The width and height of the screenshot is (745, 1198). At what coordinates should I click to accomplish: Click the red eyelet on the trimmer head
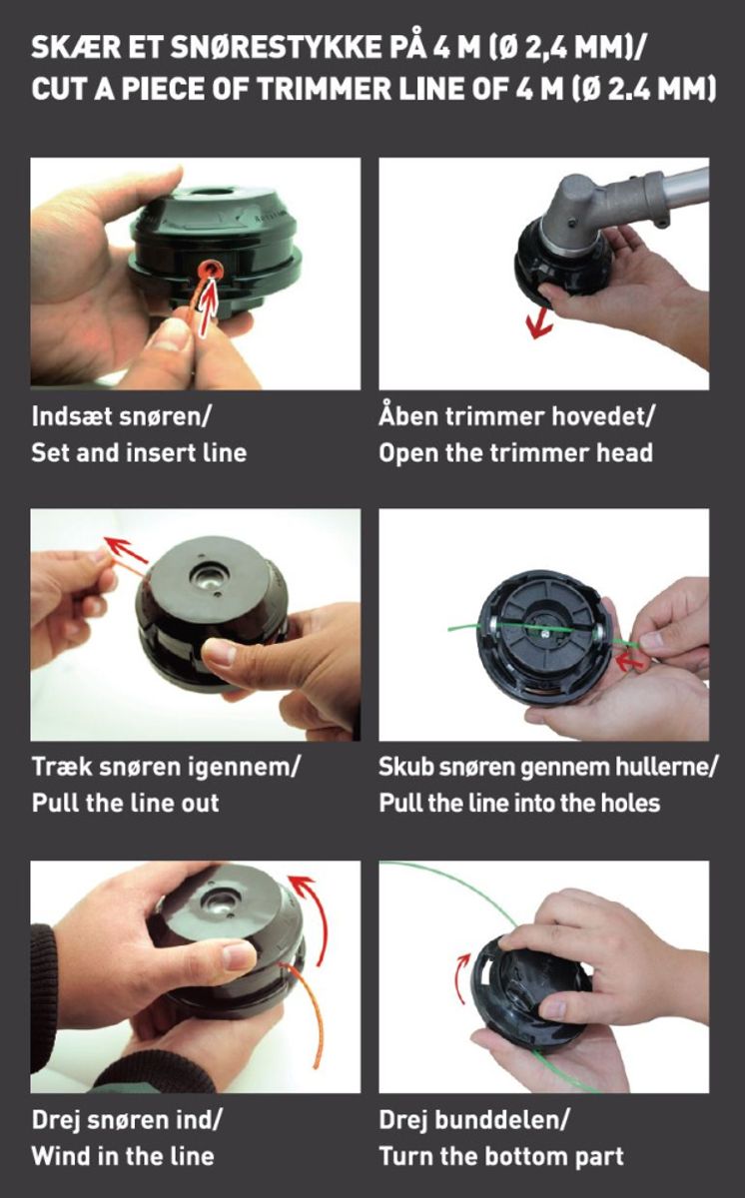pos(210,271)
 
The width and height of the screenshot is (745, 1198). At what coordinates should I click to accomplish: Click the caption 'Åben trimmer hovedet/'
pos(516,416)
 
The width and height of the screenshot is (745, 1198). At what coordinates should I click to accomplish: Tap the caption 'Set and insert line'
pos(139,453)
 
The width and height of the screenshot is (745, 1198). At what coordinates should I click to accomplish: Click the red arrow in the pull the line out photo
pos(126,550)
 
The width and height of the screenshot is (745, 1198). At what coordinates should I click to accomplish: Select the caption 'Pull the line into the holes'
pos(519,804)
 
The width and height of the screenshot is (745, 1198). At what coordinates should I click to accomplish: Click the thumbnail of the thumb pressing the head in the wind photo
pos(237,956)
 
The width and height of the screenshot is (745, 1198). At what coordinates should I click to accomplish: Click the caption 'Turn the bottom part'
pos(501,1157)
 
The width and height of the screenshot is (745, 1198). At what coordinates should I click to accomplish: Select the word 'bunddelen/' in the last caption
pos(501,1120)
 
